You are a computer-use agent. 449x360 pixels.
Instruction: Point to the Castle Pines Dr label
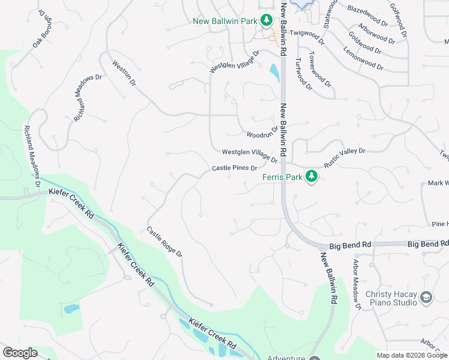pyautogui.click(x=235, y=169)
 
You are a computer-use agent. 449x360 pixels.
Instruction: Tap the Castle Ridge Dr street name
pyautogui.click(x=164, y=242)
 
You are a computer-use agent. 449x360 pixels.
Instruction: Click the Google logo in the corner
pyautogui.click(x=19, y=353)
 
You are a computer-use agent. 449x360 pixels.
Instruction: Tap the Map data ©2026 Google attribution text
pyautogui.click(x=411, y=355)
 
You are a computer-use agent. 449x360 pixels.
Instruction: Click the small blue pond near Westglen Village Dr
pyautogui.click(x=274, y=73)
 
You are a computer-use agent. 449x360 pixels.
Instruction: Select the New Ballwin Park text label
pyautogui.click(x=225, y=21)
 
